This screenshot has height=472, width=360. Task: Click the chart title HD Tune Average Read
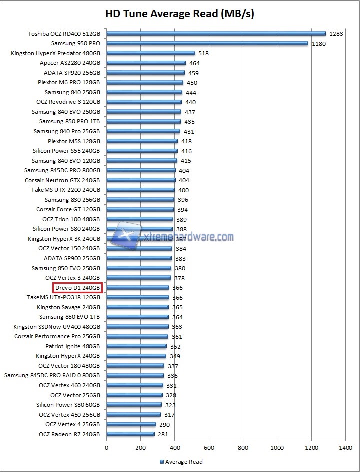179,14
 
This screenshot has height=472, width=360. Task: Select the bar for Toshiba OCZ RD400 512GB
216,34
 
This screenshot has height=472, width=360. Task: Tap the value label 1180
319,44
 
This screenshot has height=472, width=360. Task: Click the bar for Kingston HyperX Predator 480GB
150,53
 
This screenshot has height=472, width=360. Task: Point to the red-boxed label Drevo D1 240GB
77,288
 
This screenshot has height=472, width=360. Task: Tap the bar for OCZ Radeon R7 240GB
130,434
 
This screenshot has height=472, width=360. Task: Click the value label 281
163,434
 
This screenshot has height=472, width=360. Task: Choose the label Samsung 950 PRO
75,44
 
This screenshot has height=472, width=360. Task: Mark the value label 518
203,53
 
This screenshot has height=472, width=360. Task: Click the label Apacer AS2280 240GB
70,63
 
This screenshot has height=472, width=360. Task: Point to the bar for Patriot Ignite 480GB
136,346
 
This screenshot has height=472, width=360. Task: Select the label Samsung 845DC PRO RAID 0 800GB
52,375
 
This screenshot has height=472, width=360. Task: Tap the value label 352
175,346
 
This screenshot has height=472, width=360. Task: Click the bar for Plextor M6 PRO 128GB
144,83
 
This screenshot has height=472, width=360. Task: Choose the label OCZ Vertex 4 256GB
72,424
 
